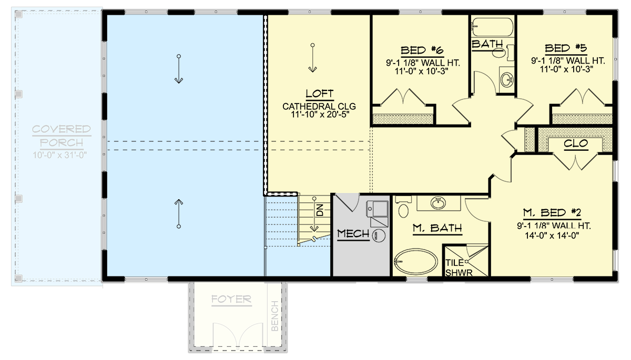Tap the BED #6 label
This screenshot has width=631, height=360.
pyautogui.click(x=422, y=50)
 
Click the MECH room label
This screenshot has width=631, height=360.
pyautogui.click(x=353, y=233)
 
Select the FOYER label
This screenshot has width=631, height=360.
pyautogui.click(x=231, y=300)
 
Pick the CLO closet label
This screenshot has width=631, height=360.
pyautogui.click(x=575, y=143)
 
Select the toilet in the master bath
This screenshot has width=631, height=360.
pyautogui.click(x=404, y=209)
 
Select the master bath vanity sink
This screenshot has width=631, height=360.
pyautogui.click(x=438, y=202)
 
